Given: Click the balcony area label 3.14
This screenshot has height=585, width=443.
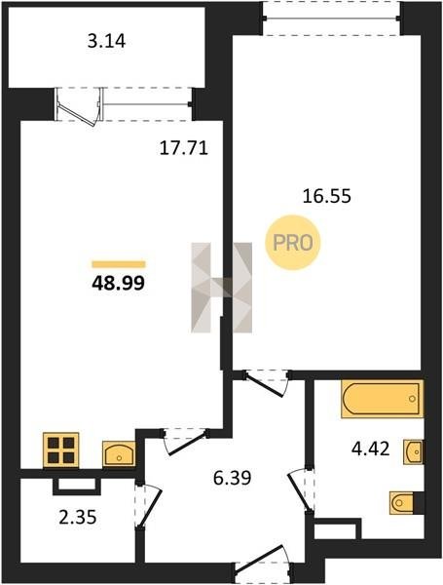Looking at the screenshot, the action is [106, 41].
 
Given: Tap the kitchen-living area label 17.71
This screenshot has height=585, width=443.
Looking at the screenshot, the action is [184, 148].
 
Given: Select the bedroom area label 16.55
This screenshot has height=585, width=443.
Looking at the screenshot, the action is [327, 196].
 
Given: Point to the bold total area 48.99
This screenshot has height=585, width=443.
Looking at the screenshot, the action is [118, 284].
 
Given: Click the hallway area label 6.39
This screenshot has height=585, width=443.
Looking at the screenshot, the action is [233, 478].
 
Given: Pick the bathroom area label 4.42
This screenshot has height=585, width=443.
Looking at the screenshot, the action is [371, 448].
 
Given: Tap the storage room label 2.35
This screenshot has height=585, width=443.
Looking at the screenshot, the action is [78, 518].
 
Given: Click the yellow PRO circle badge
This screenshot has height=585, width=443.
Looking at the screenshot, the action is [292, 243].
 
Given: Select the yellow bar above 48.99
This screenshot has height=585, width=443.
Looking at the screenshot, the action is [119, 264].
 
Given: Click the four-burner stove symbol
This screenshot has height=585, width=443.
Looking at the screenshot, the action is [61, 449].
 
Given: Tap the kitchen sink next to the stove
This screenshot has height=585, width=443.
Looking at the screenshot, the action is [119, 453].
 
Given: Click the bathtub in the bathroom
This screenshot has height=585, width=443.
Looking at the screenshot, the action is [383, 399].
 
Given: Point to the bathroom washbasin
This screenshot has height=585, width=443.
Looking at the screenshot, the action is [414, 452].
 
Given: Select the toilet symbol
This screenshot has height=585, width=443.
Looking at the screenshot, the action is [402, 503].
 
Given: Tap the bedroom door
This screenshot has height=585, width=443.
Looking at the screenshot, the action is [267, 383].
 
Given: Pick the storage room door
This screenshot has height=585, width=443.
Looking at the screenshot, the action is [149, 506].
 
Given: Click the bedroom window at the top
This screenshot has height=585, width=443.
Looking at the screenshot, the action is [331, 18].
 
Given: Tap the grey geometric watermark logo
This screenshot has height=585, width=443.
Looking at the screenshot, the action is [222, 288].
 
